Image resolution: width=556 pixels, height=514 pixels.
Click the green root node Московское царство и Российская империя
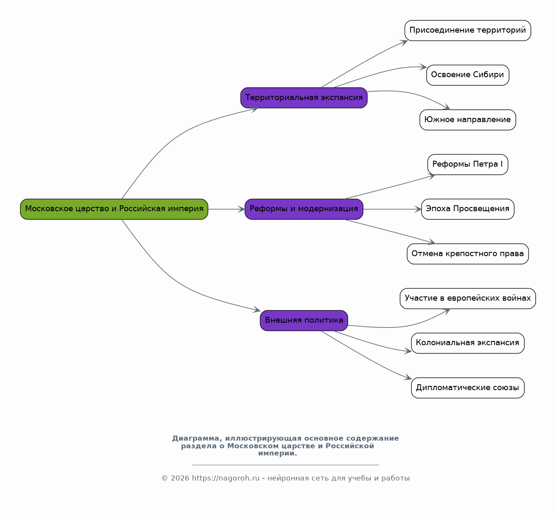tap(114, 209)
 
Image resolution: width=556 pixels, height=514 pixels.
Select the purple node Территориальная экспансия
tap(304, 98)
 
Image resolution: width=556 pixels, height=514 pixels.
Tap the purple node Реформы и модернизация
tap(304, 209)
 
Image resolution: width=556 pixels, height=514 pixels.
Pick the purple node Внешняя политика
tap(304, 321)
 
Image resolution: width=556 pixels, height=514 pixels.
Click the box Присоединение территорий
tap(467, 31)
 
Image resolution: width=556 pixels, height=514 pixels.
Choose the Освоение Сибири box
tap(467, 75)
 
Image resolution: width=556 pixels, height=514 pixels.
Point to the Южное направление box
tap(467, 120)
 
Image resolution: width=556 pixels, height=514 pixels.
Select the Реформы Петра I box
tap(467, 165)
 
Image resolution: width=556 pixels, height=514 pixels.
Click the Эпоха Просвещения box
tap(467, 209)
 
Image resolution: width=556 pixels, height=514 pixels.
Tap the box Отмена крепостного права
tap(467, 254)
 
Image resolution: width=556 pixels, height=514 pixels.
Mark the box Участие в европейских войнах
tap(467, 299)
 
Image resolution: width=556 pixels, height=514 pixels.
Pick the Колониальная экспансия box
tap(467, 343)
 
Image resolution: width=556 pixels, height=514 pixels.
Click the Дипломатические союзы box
tap(467, 388)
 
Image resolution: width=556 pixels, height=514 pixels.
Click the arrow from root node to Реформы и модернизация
tap(226, 209)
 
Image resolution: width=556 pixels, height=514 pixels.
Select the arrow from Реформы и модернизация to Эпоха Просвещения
tap(392, 209)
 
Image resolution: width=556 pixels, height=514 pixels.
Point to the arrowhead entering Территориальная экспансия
tap(255, 109)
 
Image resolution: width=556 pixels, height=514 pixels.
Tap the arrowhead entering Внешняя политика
tap(257, 310)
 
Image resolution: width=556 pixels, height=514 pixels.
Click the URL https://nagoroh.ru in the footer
tap(225, 478)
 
